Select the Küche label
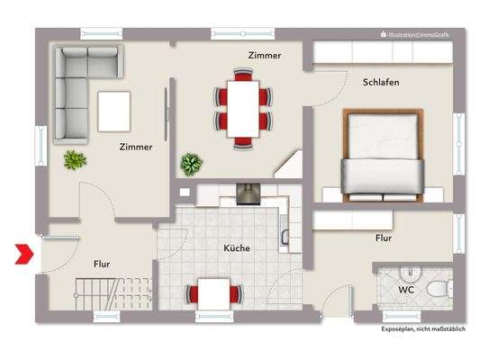(237, 247)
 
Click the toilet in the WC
(437, 287)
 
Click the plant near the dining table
(191, 164)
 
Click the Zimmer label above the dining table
(264, 55)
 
